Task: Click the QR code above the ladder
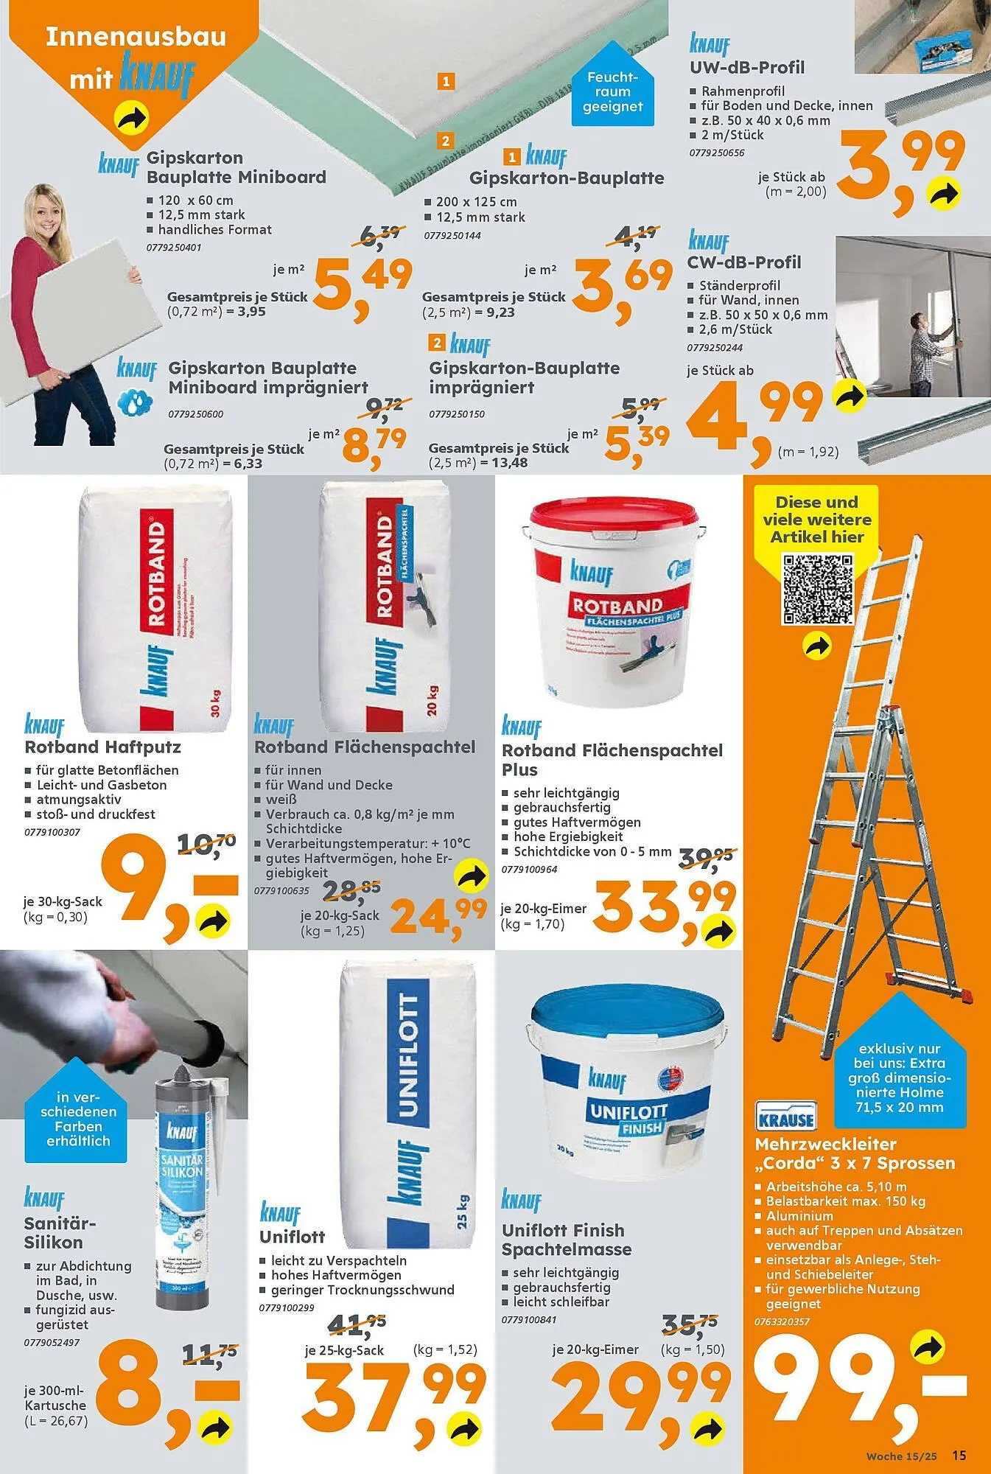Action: (x=816, y=589)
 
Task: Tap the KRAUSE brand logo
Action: (x=786, y=1116)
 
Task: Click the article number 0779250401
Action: (x=173, y=248)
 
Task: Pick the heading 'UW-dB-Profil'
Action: (x=746, y=68)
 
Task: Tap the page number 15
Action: (x=959, y=1456)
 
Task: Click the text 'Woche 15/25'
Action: (x=901, y=1456)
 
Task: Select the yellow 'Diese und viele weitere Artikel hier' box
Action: (x=816, y=520)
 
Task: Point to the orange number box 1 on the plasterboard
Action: (x=446, y=81)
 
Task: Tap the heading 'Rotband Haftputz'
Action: (x=102, y=747)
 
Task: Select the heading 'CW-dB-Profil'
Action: (x=743, y=262)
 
